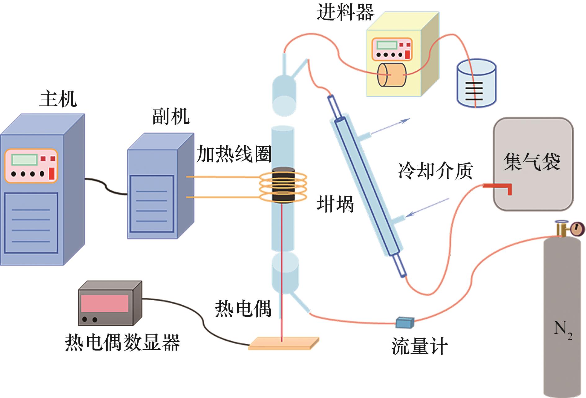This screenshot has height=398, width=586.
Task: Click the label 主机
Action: (58, 99)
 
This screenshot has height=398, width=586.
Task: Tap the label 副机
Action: (171, 116)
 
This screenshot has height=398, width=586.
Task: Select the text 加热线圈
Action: (234, 154)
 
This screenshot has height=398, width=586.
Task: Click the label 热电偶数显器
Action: (122, 342)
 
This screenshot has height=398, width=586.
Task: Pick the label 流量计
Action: (420, 346)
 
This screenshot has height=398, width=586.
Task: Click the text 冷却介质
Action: (435, 171)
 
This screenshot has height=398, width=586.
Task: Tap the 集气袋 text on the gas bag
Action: (531, 162)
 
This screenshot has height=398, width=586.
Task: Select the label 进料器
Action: (345, 12)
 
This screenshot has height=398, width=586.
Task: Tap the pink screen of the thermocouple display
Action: (104, 303)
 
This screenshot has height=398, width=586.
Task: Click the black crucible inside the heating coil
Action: (283, 185)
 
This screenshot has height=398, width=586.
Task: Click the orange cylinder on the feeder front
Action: (391, 75)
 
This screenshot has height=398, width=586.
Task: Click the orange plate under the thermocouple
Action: (283, 344)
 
